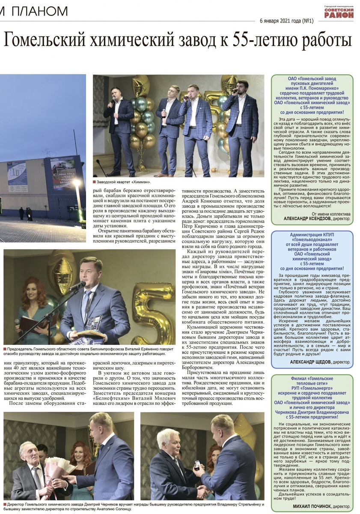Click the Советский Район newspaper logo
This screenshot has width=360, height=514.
339,12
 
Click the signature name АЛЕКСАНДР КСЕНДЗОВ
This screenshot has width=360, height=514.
306,218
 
